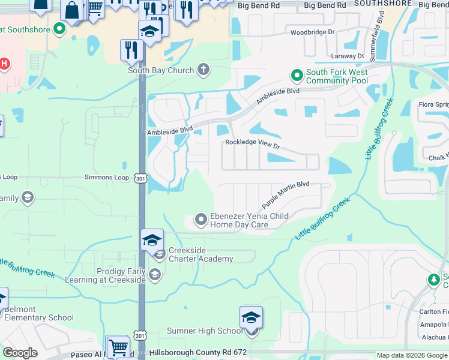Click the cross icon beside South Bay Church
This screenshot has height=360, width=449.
[x=203, y=70]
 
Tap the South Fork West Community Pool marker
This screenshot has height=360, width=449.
[x=297, y=76]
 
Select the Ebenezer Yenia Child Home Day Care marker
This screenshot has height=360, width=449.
[x=201, y=220]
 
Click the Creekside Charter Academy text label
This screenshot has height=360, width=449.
[x=200, y=254]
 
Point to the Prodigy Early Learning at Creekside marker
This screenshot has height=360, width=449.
[x=155, y=275]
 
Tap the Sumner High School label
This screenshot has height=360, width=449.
[x=205, y=331]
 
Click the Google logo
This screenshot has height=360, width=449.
[x=20, y=353]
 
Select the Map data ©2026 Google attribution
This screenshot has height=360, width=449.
[x=411, y=355]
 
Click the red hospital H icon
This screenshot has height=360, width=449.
[x=4, y=64]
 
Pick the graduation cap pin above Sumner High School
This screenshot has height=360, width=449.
[x=251, y=318]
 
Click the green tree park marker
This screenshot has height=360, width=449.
[x=433, y=280]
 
